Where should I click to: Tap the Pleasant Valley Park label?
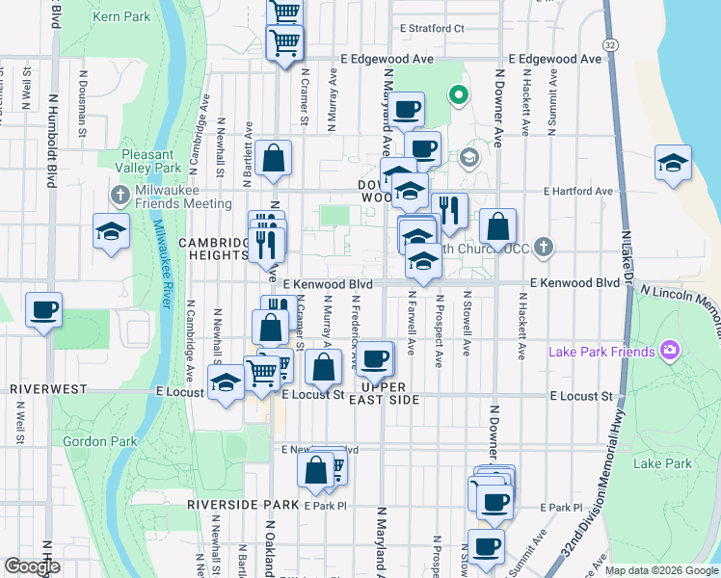(147, 161)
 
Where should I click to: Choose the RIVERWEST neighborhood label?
(49, 389)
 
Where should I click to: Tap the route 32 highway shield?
(610, 45)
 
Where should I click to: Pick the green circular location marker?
(459, 94)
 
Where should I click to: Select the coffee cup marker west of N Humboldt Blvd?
(43, 310)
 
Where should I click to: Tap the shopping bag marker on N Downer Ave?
(497, 227)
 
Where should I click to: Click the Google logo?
(32, 566)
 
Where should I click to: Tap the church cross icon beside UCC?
(544, 249)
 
